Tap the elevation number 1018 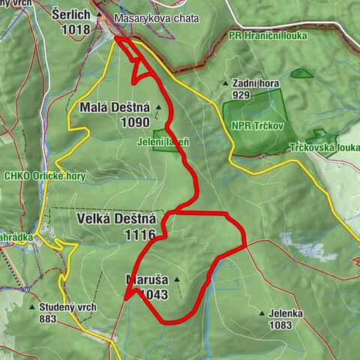coord(77,29)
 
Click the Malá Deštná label coord(113,108)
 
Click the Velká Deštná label coord(116,219)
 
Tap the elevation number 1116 coord(140,235)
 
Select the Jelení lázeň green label coord(164,141)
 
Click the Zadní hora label coord(255,84)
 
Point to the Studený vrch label coord(66,307)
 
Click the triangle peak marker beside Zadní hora coord(224,84)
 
